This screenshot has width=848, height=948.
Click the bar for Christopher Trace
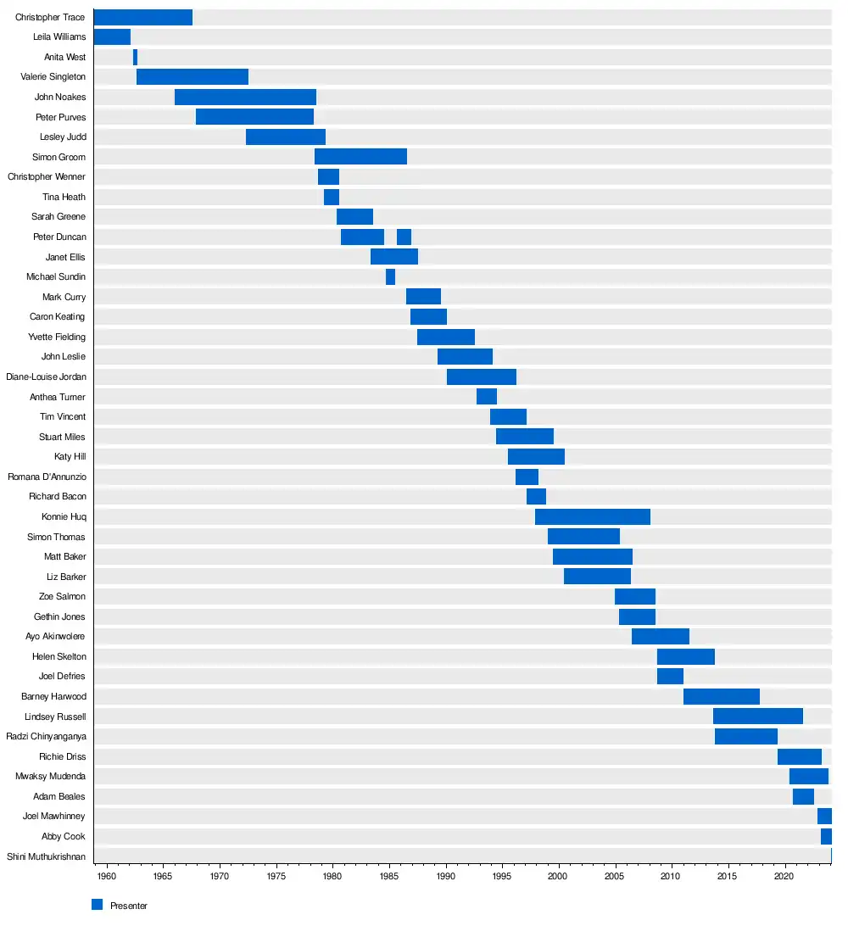142,18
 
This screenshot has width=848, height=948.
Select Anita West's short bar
135,57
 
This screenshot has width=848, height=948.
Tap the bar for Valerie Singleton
192,77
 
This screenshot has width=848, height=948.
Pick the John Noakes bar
245,97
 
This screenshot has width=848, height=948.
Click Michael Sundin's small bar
390,276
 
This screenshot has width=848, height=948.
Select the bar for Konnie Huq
592,516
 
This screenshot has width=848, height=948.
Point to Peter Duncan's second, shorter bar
404,237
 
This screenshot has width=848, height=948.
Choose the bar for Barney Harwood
721,696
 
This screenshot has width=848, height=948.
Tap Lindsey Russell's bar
757,717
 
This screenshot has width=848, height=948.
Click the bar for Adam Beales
803,796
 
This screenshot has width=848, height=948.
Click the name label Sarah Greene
59,217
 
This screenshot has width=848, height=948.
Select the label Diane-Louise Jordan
46,376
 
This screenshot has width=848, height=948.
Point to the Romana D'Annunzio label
47,477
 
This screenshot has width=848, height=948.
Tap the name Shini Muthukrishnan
46,856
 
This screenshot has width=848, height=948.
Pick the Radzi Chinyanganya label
46,736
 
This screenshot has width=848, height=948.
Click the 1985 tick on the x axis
388,874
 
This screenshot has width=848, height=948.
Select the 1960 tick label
106,874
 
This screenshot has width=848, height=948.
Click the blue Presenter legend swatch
97,905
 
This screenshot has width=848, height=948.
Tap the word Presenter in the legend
129,906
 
